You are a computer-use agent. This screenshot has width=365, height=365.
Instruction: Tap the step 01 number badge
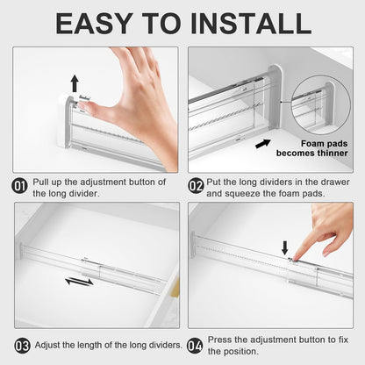pos(20,186)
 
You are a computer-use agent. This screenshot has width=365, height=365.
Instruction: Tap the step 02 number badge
pos(197,186)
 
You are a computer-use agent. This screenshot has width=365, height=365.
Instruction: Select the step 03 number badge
pos(20,345)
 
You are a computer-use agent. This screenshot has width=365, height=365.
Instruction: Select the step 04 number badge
pos(197,345)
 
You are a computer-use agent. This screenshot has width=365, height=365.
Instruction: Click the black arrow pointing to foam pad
pos(262,143)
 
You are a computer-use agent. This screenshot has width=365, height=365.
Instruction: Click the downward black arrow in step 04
pos(284,248)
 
